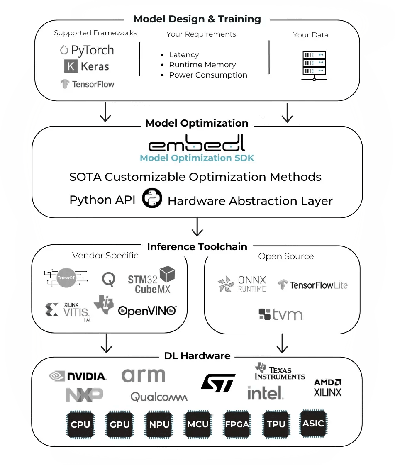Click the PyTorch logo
(87, 51)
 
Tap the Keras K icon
(71, 66)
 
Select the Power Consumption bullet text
(208, 75)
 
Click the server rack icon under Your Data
(314, 66)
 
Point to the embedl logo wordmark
(197, 143)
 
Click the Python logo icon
(152, 198)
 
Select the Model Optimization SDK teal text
(197, 158)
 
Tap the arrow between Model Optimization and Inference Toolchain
(197, 227)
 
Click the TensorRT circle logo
(66, 278)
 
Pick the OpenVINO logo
(147, 311)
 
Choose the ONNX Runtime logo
(241, 284)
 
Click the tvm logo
(280, 315)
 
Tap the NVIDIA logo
(78, 376)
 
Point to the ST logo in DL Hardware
(218, 383)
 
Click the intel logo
(265, 393)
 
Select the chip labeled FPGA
(237, 424)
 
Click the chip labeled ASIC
(313, 424)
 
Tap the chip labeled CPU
(80, 425)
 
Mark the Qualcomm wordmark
(159, 397)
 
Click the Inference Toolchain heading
(197, 247)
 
